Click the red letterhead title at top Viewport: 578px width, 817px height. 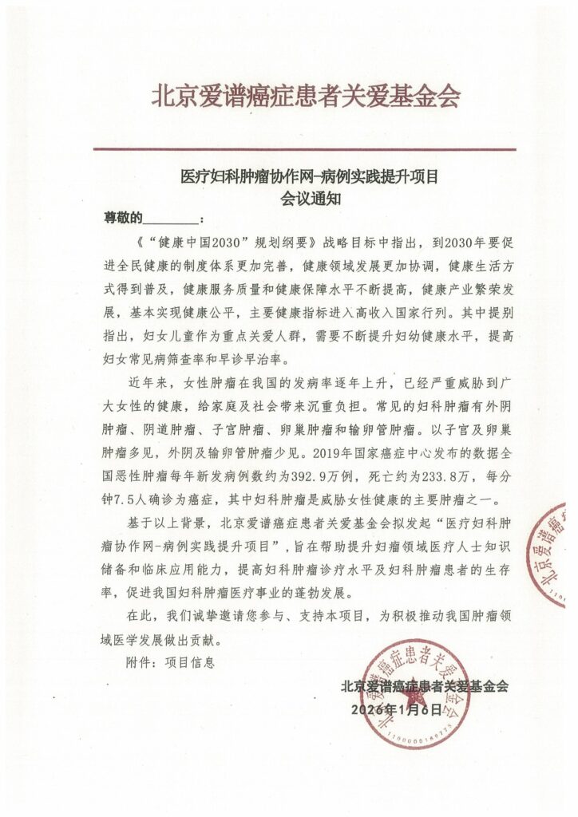point(306,97)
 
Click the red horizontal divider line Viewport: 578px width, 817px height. point(304,149)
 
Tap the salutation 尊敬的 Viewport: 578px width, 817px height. point(123,218)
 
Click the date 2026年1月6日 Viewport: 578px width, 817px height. point(395,708)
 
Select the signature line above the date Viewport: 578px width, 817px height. point(424,685)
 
